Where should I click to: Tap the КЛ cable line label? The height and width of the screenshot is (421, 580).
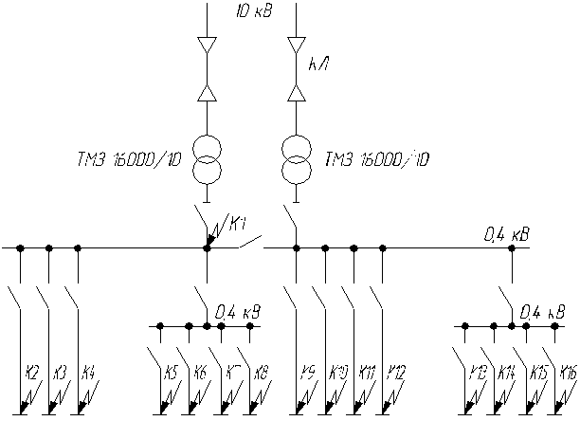(318, 65)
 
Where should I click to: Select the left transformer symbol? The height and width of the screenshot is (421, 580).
(207, 158)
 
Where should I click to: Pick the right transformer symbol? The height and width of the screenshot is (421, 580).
(297, 158)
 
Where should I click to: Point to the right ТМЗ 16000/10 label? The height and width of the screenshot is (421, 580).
(375, 159)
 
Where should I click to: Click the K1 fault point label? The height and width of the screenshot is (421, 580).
(237, 224)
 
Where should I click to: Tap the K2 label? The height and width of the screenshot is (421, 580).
(32, 372)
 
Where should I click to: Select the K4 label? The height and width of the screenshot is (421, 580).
(88, 372)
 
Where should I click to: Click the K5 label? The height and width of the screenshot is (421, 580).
(172, 372)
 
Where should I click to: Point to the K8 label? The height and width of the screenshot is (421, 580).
(261, 372)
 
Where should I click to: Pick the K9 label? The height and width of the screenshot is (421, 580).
(308, 372)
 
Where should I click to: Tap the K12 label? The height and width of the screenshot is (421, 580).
(395, 372)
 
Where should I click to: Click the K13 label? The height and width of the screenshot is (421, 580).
(479, 372)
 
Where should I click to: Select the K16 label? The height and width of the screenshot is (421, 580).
(568, 372)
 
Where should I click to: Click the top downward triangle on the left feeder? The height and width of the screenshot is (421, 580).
(207, 45)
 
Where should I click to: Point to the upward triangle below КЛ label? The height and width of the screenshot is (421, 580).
(297, 92)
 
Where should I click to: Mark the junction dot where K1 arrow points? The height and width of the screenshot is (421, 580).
(207, 248)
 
